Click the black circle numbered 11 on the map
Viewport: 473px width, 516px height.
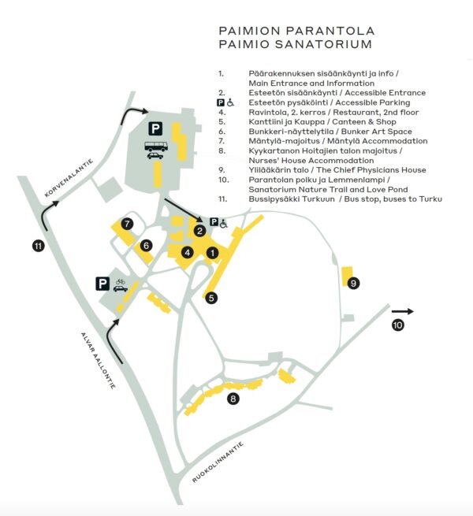[38, 247]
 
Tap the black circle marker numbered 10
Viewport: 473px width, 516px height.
[398, 325]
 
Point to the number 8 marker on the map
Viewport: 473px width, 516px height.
[233, 399]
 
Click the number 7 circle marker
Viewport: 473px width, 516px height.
[127, 224]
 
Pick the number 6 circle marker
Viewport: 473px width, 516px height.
[146, 245]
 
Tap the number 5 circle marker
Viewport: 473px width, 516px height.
[210, 297]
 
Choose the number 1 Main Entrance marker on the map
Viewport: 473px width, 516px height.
[211, 253]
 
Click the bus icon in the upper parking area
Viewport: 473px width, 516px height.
[155, 146]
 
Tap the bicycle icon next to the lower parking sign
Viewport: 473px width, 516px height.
[121, 280]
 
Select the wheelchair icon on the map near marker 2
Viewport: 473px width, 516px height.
[223, 224]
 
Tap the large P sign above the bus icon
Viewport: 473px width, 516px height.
[156, 128]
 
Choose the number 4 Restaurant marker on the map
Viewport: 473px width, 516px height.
[188, 252]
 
